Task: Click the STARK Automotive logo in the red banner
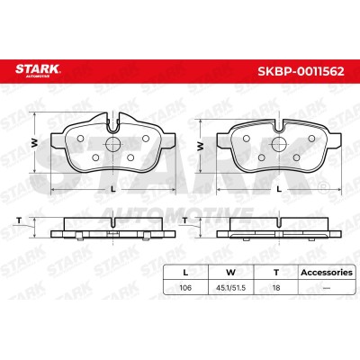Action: click(x=38, y=70)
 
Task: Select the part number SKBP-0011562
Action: click(x=301, y=71)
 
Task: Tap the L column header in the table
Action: click(x=185, y=273)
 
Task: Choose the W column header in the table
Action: click(x=230, y=273)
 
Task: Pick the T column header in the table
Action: click(x=276, y=273)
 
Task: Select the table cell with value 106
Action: click(x=185, y=288)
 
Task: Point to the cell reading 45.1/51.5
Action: click(x=230, y=288)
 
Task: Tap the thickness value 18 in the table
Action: click(x=276, y=288)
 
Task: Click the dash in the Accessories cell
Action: click(x=327, y=288)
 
